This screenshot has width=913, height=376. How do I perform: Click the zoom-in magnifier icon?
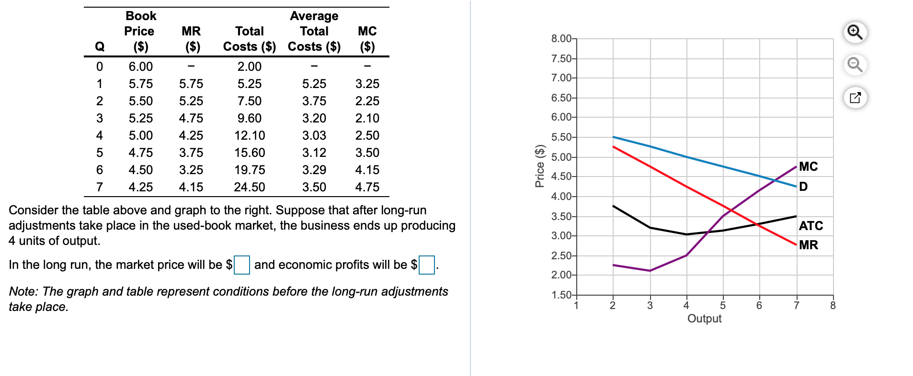[855, 32]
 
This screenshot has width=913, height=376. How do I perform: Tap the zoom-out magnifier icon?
[855, 65]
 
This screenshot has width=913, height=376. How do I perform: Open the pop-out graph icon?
[855, 98]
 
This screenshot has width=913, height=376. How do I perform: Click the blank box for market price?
[241, 265]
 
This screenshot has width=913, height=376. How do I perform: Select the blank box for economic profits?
[426, 265]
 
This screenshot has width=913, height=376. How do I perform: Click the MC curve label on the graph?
[808, 166]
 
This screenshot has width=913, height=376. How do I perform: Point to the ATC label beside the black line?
[810, 226]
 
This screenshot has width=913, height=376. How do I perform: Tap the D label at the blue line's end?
[803, 187]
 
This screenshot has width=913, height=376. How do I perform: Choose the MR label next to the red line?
[809, 245]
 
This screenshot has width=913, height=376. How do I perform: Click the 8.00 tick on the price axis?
[561, 39]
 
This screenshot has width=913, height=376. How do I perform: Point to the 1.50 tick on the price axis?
[561, 295]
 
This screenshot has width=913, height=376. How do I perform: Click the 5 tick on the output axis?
[723, 306]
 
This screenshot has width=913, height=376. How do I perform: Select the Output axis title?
[704, 319]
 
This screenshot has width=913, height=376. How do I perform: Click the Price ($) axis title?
[540, 166]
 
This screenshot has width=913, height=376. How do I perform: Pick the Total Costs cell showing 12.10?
[250, 135]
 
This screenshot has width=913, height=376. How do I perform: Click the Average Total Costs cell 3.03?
[314, 135]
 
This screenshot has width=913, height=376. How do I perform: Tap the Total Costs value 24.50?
[250, 187]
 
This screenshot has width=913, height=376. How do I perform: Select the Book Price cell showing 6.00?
[140, 66]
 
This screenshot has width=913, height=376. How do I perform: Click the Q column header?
[100, 46]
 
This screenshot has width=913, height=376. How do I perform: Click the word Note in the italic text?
[23, 291]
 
